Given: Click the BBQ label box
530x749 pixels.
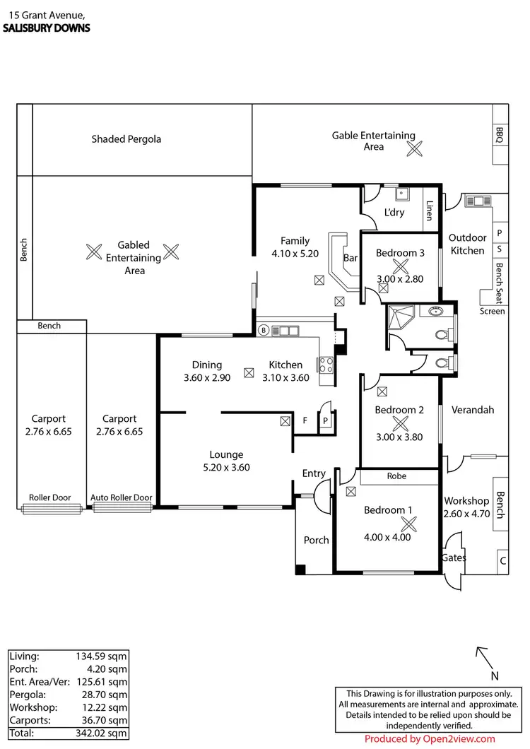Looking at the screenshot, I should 500,135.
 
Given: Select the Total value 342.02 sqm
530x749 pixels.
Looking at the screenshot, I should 101,733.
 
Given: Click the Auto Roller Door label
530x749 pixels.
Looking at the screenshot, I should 121,498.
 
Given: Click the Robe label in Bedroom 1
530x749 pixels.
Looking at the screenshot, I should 396,476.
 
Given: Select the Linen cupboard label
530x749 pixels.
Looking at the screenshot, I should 428,210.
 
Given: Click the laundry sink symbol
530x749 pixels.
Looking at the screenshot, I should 403,193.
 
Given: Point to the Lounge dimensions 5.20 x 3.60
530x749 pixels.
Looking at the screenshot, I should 226,467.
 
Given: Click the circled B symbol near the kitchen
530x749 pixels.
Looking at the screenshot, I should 263,330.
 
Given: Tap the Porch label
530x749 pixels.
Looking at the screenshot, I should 316,540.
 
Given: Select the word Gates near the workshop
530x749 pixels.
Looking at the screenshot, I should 454,558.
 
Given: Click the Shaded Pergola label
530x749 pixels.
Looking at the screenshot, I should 126,139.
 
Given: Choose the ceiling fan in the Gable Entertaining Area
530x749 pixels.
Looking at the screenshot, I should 414,148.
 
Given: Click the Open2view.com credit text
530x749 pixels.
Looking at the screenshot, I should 430,739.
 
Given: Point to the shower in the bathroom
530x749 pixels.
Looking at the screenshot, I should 399,319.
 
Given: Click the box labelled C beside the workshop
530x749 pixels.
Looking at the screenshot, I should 502,561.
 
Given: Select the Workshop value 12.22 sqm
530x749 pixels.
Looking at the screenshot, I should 101,707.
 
